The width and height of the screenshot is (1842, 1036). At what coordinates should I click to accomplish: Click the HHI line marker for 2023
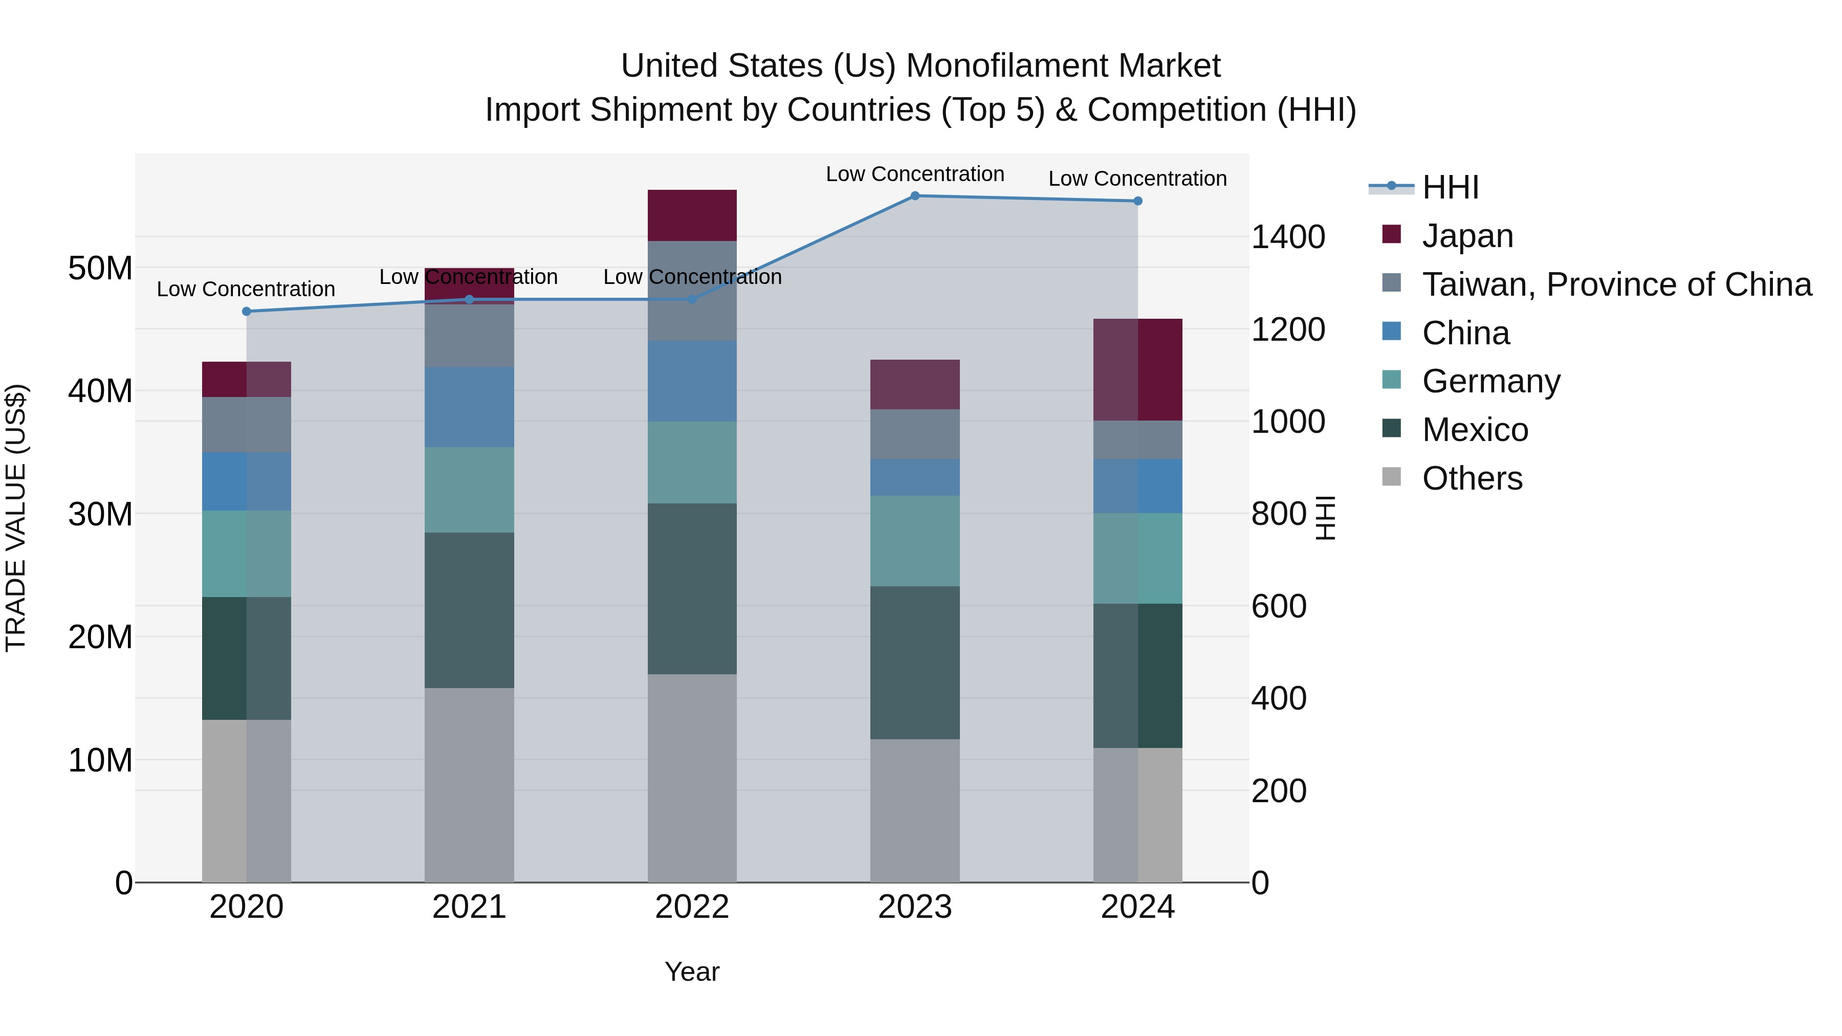click(x=914, y=195)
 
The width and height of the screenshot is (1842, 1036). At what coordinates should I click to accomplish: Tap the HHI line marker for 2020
click(x=247, y=311)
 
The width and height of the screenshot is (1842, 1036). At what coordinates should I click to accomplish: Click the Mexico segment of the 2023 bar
click(x=914, y=662)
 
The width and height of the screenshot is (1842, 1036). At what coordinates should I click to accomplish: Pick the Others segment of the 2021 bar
click(x=469, y=784)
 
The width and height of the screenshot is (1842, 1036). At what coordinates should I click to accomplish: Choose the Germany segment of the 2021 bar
click(x=469, y=489)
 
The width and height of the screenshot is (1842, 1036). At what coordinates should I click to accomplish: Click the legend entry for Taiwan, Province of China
click(x=1616, y=284)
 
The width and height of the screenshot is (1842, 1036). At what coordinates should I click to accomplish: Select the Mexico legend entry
click(x=1475, y=430)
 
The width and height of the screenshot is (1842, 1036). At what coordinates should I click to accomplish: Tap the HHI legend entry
click(x=1450, y=187)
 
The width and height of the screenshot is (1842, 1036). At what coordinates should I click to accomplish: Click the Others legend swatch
click(x=1392, y=477)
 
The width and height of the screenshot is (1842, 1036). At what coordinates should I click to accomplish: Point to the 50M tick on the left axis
click(x=100, y=268)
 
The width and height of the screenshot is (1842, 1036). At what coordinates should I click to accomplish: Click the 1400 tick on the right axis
click(x=1288, y=237)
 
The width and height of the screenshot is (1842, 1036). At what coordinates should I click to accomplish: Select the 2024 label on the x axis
click(x=1137, y=907)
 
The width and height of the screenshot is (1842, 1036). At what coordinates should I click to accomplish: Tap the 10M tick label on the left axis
click(x=100, y=760)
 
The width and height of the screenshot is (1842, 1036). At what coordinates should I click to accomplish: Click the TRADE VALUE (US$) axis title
click(x=16, y=518)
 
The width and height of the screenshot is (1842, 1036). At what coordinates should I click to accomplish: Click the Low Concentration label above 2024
click(x=1137, y=178)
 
